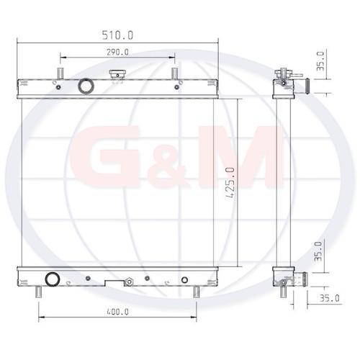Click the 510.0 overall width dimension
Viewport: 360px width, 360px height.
[x=117, y=35]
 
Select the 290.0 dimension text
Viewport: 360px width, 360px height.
[x=117, y=52]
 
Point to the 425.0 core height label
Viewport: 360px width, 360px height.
[x=230, y=183]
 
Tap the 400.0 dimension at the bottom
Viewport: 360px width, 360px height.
[x=117, y=312]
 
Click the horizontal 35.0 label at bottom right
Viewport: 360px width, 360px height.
[x=330, y=298]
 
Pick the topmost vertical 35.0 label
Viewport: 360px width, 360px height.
[x=320, y=60]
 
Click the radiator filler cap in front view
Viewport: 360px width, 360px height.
[x=117, y=74]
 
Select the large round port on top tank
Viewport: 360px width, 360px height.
[x=86, y=86]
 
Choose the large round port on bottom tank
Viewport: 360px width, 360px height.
[x=53, y=279]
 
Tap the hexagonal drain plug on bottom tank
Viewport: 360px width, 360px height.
[x=129, y=282]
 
